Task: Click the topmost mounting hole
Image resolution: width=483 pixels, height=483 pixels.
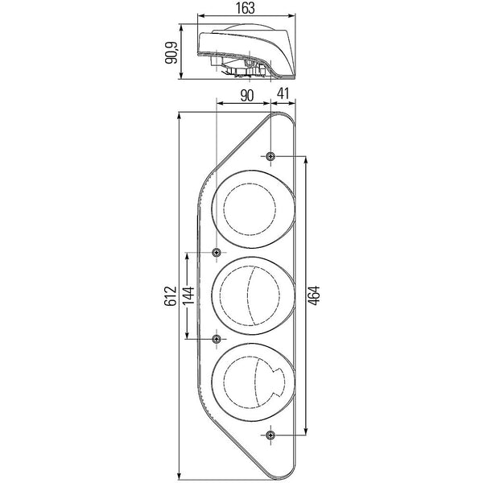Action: pos(270,155)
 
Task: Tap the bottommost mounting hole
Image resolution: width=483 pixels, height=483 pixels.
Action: pos(270,436)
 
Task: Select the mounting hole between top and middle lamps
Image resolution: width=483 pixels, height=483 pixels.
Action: pos(216,254)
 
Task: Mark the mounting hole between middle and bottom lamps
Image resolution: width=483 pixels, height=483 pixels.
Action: pos(216,339)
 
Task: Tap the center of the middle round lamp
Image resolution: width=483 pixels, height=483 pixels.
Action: pos(252,295)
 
